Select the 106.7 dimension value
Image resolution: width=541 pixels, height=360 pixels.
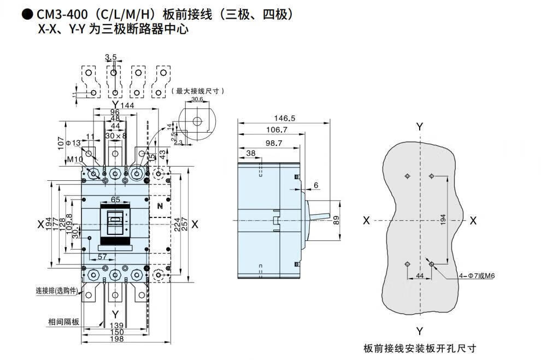point(278,129)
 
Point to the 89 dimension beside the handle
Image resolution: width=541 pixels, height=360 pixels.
point(336,220)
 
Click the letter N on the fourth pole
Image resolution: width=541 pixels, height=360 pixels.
point(160,206)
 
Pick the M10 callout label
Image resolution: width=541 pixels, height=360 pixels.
point(75,159)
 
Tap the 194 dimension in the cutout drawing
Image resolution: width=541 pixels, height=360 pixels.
point(443,220)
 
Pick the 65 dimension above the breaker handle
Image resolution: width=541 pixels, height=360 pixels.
point(115,200)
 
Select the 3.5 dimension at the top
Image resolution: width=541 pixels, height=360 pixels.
point(111,56)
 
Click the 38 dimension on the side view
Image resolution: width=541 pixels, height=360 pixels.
point(250,154)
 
